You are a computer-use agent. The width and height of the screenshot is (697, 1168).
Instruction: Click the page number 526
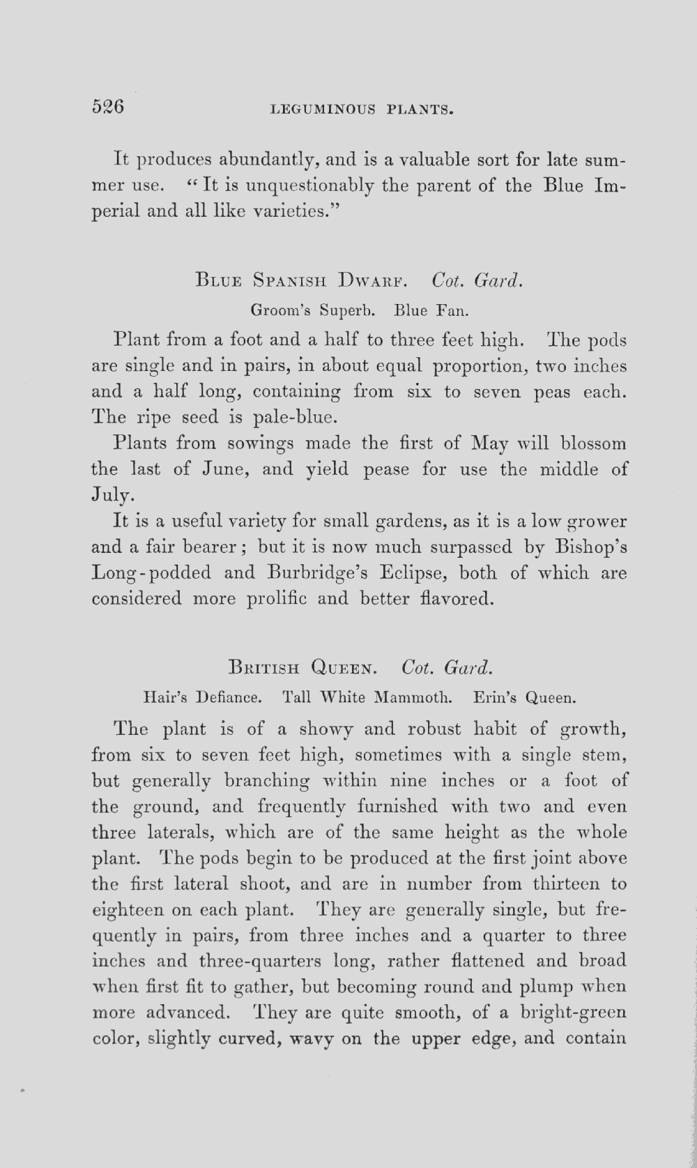tap(107, 107)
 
